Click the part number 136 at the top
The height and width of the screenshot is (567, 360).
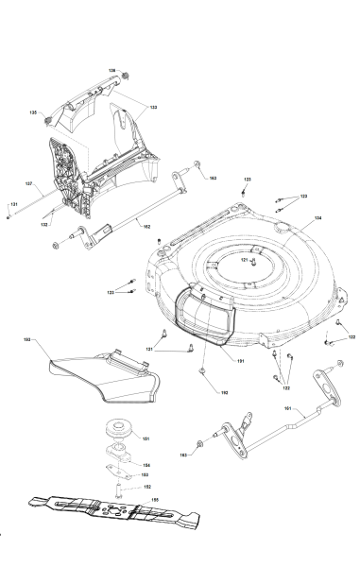[111, 71]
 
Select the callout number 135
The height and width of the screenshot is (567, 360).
[33, 112]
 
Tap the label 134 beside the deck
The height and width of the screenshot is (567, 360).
[317, 218]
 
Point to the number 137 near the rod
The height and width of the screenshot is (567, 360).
[28, 182]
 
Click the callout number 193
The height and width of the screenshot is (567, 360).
[26, 337]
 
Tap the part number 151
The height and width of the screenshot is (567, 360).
[146, 438]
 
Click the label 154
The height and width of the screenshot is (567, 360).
[146, 466]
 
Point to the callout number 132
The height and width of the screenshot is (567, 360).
[44, 225]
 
